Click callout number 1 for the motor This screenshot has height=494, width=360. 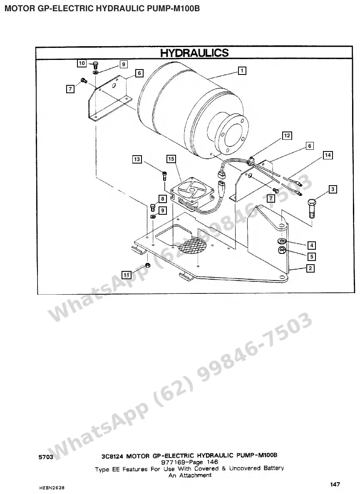tap(241, 71)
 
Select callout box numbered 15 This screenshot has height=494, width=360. tap(171, 159)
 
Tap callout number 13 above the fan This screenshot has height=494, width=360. tap(137, 159)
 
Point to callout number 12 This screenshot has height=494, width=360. tap(287, 136)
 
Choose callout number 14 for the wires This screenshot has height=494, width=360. tap(328, 155)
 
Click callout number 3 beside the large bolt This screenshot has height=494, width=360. tap(333, 189)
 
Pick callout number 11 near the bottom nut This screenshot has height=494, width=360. tap(126, 275)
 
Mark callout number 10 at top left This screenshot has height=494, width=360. tap(82, 63)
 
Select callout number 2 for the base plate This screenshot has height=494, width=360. tap(310, 268)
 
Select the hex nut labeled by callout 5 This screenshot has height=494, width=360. tap(282, 251)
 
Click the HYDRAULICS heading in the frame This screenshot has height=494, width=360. tap(194, 52)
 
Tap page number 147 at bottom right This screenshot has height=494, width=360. tap(335, 484)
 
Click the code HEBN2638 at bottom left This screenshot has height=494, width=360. tap(52, 488)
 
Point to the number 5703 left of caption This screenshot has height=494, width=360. tap(46, 457)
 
